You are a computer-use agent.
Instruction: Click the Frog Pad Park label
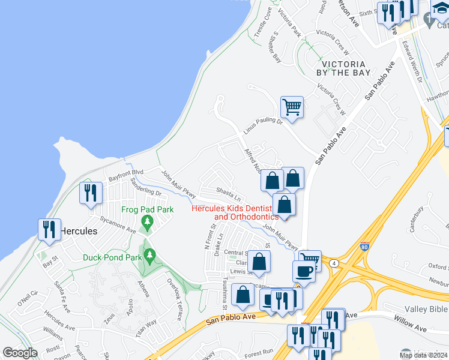click(147, 209)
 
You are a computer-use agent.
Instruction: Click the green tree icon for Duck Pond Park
click(149, 256)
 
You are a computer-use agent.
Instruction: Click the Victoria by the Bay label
click(343, 68)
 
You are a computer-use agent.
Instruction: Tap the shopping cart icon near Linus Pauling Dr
click(292, 108)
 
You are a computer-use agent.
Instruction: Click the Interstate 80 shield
click(364, 246)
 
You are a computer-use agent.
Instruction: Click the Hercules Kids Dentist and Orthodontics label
click(235, 212)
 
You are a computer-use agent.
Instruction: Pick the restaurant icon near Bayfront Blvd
click(91, 193)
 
